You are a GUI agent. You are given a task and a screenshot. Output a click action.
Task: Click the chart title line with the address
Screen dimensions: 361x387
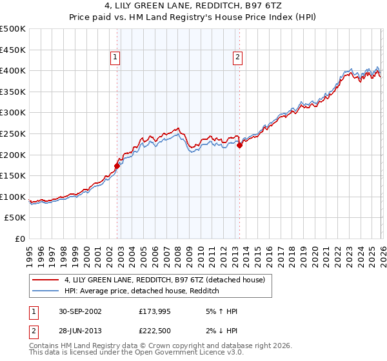tap(193, 6)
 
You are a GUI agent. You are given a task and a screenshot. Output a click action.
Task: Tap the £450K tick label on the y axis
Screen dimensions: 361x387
tap(13, 50)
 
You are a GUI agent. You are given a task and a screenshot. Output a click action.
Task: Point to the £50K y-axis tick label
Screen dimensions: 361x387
tap(15, 218)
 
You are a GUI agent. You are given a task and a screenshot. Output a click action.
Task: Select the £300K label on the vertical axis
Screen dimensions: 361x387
tap(13, 113)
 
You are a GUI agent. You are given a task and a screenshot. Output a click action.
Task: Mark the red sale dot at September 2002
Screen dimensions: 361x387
tap(117, 166)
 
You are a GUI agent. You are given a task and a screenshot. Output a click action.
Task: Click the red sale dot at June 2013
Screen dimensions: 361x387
tap(239, 145)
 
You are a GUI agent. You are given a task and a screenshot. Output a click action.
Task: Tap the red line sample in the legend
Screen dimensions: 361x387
tap(46, 280)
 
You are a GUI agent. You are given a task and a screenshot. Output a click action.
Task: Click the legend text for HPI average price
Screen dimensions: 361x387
tap(142, 291)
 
